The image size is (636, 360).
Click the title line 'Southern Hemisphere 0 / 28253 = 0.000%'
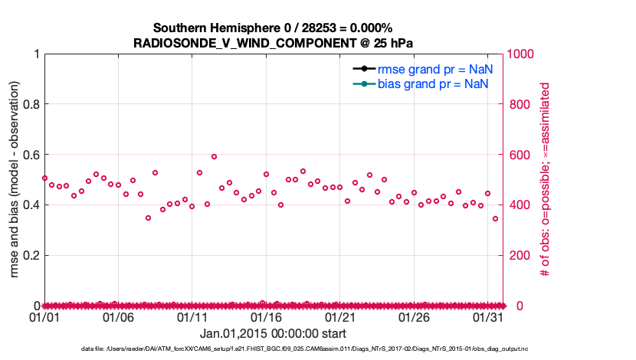pyautogui.click(x=273, y=28)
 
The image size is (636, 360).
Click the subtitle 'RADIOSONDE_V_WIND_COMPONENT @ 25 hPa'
pyautogui.click(x=273, y=43)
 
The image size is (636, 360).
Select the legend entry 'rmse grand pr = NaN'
pyautogui.click(x=434, y=69)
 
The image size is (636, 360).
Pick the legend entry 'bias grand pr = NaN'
pyautogui.click(x=434, y=83)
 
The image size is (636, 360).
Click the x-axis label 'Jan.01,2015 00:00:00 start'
pyautogui.click(x=273, y=334)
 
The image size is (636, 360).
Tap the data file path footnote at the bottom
pyautogui.click(x=304, y=349)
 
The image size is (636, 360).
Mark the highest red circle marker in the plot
pyautogui.click(x=215, y=156)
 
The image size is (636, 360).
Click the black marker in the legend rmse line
pyautogui.click(x=364, y=69)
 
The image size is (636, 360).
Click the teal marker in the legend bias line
pyautogui.click(x=364, y=83)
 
